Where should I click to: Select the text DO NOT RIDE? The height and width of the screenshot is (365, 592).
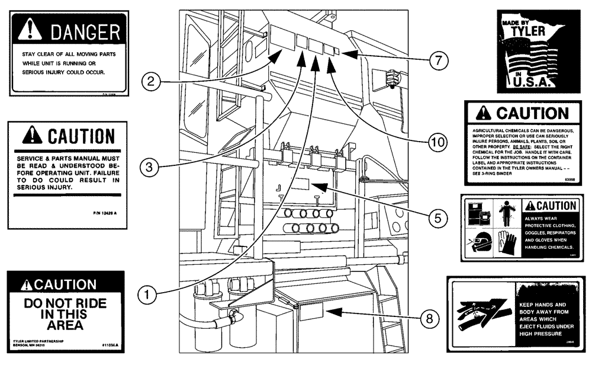tap(65, 304)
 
